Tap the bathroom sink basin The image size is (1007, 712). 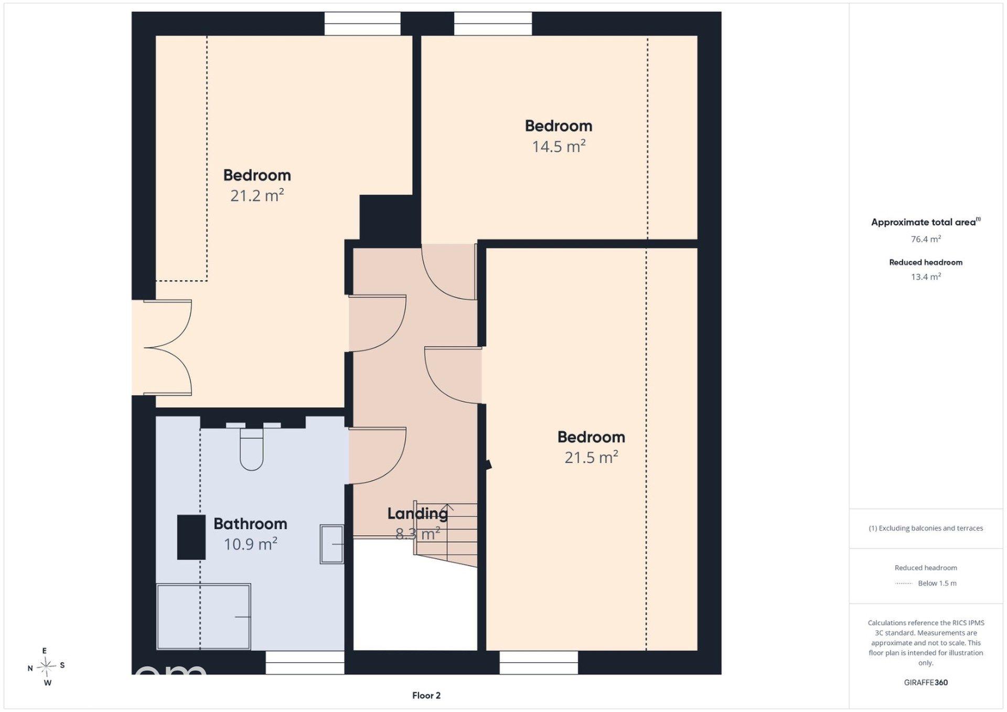pyautogui.click(x=331, y=544)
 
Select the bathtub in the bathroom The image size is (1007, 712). pyautogui.click(x=203, y=617)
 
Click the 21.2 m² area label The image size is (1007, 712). pyautogui.click(x=257, y=196)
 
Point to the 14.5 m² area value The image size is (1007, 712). pyautogui.click(x=559, y=146)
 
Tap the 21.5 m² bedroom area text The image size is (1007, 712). pyautogui.click(x=591, y=458)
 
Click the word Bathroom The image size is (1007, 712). pyautogui.click(x=250, y=524)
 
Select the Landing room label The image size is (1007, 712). pyautogui.click(x=417, y=514)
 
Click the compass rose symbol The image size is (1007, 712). pyautogui.click(x=46, y=666)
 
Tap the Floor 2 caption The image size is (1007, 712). pyautogui.click(x=426, y=695)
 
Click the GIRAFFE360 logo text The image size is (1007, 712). pyautogui.click(x=926, y=683)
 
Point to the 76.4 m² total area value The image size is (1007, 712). pyautogui.click(x=926, y=239)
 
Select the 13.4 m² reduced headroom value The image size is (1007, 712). pyautogui.click(x=926, y=277)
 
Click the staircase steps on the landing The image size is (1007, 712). pyautogui.click(x=446, y=533)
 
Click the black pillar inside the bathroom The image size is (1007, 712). pyautogui.click(x=191, y=537)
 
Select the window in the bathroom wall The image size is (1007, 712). pyautogui.click(x=305, y=663)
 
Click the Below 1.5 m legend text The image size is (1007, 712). pyautogui.click(x=937, y=583)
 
